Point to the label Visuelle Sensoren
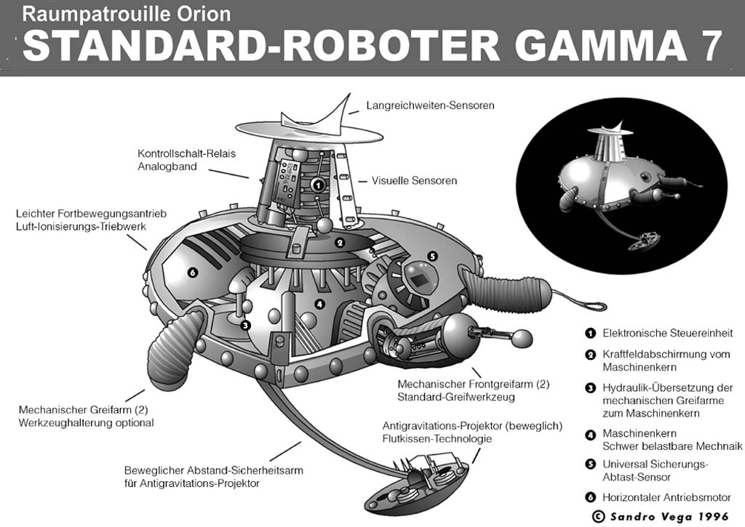(x=414, y=180)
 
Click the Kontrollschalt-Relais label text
(x=186, y=154)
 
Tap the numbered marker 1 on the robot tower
(x=317, y=185)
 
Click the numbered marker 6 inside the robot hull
(x=192, y=273)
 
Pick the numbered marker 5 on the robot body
(x=432, y=256)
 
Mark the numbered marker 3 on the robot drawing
(x=245, y=326)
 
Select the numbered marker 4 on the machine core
(x=319, y=303)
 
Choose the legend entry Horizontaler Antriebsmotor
(x=666, y=497)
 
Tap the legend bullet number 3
(x=591, y=387)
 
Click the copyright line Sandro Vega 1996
(x=662, y=516)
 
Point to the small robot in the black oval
(x=618, y=182)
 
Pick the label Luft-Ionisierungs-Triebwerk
(x=81, y=227)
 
